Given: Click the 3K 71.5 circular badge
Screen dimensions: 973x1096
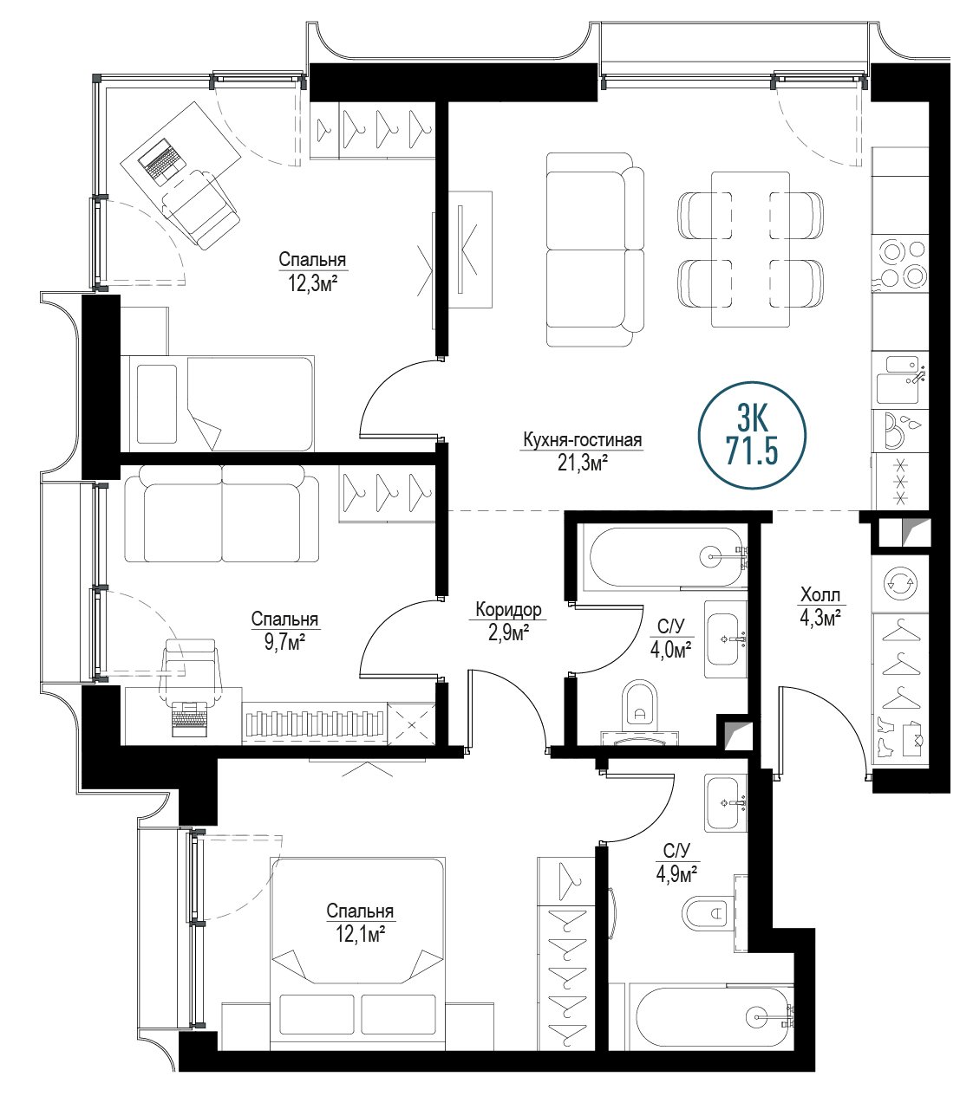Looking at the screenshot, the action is click(x=752, y=435).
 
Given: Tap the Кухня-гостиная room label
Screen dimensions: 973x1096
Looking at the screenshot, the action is click(x=582, y=440).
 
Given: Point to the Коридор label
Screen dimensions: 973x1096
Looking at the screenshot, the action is click(x=508, y=610).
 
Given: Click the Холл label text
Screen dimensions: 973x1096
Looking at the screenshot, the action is click(x=820, y=595).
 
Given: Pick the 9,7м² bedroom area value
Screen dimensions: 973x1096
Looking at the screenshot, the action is click(x=284, y=643).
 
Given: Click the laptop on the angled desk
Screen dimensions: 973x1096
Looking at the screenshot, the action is click(x=160, y=159).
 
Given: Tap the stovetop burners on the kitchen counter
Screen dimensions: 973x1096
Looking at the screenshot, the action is click(x=900, y=263).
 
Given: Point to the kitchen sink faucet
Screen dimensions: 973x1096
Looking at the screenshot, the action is click(x=916, y=375).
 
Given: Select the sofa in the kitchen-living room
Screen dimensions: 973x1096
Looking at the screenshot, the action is click(x=595, y=250).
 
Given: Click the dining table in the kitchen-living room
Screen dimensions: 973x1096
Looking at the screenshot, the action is click(x=750, y=250).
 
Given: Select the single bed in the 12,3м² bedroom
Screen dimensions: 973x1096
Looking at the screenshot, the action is click(x=217, y=404).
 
